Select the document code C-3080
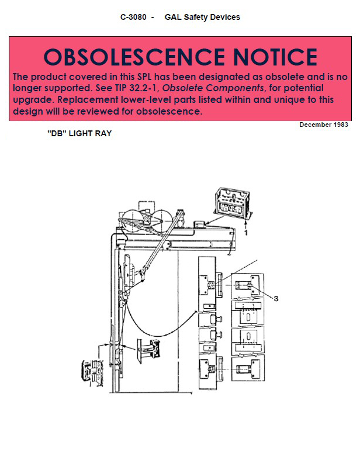[x=133, y=17]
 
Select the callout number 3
[x=276, y=298]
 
